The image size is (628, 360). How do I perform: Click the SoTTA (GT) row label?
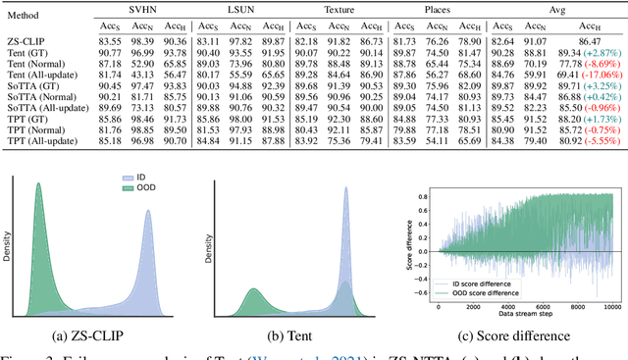pyautogui.click(x=35, y=84)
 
